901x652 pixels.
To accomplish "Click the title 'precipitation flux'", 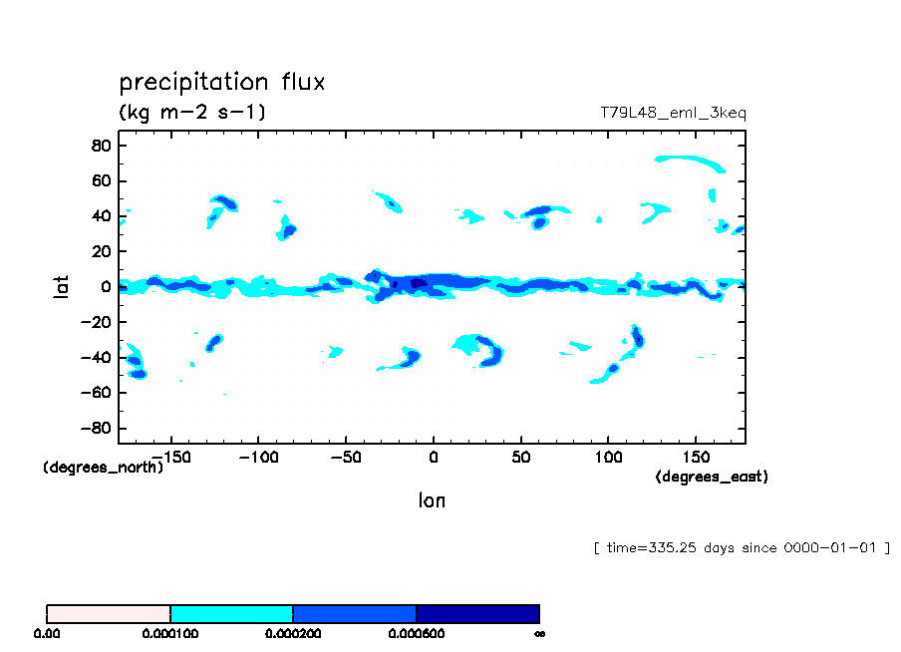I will click(221, 82).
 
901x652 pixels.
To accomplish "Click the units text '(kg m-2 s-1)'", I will click(192, 112).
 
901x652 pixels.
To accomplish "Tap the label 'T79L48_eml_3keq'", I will click(673, 113).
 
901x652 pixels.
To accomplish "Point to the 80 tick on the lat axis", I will click(100, 145).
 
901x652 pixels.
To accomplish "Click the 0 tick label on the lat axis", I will click(104, 287).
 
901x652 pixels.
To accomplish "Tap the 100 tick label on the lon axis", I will click(608, 457).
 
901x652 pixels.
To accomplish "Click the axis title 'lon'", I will click(432, 500).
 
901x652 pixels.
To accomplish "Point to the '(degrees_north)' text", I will click(103, 467).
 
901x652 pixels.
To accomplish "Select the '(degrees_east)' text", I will click(712, 477).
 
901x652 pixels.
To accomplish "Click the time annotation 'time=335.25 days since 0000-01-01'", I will click(741, 547).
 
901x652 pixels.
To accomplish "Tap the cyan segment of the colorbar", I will click(231, 613).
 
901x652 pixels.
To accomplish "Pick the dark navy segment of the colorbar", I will click(477, 613).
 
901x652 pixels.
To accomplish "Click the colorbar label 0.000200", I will click(293, 633).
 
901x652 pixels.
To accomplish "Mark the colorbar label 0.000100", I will click(170, 633).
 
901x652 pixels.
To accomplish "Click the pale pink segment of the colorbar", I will click(109, 613).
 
